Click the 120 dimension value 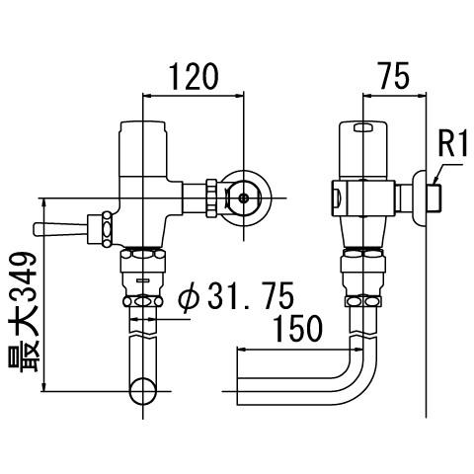[x=194, y=77]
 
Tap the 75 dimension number [x=394, y=76]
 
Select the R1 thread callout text [x=453, y=143]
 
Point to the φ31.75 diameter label [x=236, y=295]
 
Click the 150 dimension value [x=298, y=329]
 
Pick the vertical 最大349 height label [x=25, y=312]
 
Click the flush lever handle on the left [x=60, y=229]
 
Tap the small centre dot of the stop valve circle [x=244, y=198]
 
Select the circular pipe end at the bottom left [x=143, y=392]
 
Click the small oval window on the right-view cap [x=362, y=127]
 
